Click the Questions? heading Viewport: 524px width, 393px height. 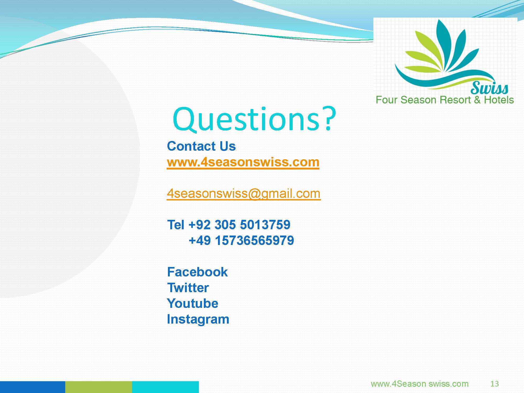254,119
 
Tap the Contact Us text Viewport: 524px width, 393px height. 201,146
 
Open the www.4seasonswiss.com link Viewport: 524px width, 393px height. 243,162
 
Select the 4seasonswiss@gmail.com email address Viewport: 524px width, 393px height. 244,194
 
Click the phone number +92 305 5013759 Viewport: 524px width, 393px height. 239,225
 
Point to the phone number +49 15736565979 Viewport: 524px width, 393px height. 241,241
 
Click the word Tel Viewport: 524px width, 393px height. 176,225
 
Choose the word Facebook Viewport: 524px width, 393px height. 197,272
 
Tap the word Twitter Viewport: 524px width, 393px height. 188,288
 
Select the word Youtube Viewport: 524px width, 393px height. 193,303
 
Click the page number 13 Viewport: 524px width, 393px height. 494,384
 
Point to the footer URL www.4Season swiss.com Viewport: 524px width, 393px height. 419,384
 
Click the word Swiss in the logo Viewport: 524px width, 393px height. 489,88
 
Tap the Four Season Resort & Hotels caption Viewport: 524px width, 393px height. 445,100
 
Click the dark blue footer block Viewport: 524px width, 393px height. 32,387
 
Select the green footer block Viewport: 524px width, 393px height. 99,387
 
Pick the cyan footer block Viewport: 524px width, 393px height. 165,387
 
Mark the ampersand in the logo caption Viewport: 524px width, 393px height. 477,100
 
